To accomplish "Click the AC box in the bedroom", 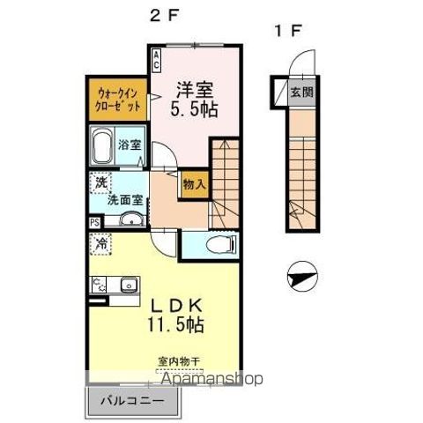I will [157, 61].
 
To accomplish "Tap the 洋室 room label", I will [195, 89].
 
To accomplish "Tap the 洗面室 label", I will [124, 200].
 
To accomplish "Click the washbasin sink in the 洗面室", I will [130, 219].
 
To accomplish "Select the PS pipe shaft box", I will [94, 223].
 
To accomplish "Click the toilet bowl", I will [219, 244].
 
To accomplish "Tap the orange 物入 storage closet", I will [194, 185].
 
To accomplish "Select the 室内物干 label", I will [179, 360].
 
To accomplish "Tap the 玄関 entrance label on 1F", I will [301, 91].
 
